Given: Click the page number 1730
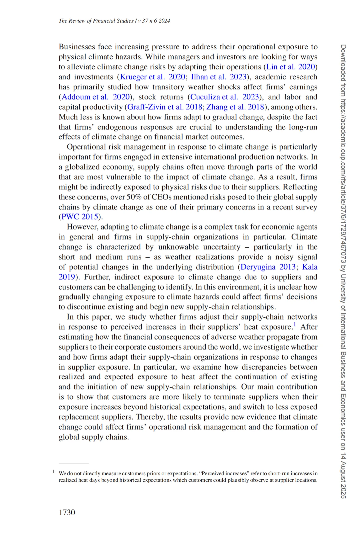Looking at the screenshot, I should [67, 512].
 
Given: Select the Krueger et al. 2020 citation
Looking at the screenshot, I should [152, 77].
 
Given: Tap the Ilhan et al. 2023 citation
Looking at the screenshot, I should [218, 77].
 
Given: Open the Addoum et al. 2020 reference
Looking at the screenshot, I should [95, 97].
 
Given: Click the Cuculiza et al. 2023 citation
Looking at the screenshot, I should [224, 97].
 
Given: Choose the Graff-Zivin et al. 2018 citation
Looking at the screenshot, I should [165, 107].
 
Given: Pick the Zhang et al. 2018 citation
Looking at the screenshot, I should [235, 107].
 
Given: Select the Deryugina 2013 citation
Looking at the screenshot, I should [268, 267].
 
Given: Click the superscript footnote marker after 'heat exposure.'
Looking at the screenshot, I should [295, 325].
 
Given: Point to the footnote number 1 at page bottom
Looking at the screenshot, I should [54, 471].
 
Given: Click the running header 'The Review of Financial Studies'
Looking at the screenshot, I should [96, 21].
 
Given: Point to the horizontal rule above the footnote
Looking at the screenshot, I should [73, 464].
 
